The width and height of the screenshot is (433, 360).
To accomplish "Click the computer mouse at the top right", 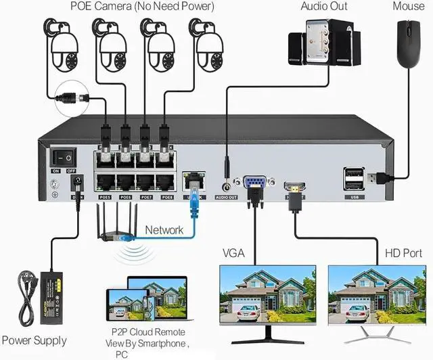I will (x=408, y=44).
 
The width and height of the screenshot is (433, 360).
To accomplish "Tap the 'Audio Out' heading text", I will (x=324, y=7).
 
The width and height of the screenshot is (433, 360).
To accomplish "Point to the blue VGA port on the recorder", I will (x=254, y=183).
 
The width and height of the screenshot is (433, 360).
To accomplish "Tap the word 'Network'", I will (x=164, y=230).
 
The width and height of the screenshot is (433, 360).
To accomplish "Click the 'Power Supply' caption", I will (x=35, y=340).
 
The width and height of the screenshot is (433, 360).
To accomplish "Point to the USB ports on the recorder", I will (x=353, y=179).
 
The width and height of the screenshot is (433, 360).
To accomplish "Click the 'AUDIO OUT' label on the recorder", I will (x=226, y=198).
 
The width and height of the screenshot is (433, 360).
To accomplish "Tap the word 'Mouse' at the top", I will (x=409, y=7).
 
